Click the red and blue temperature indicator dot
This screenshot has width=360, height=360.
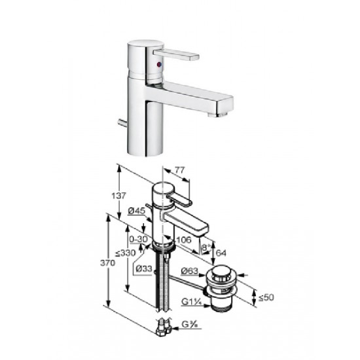159,65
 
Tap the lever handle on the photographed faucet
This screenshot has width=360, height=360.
176,54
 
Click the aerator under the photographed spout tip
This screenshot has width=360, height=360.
218,114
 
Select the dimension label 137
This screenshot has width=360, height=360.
118,196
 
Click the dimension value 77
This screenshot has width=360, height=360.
179,170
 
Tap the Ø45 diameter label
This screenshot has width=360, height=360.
137,211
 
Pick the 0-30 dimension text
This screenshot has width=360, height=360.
138,240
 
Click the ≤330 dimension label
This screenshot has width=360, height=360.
126,253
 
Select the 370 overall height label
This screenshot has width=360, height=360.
107,263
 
